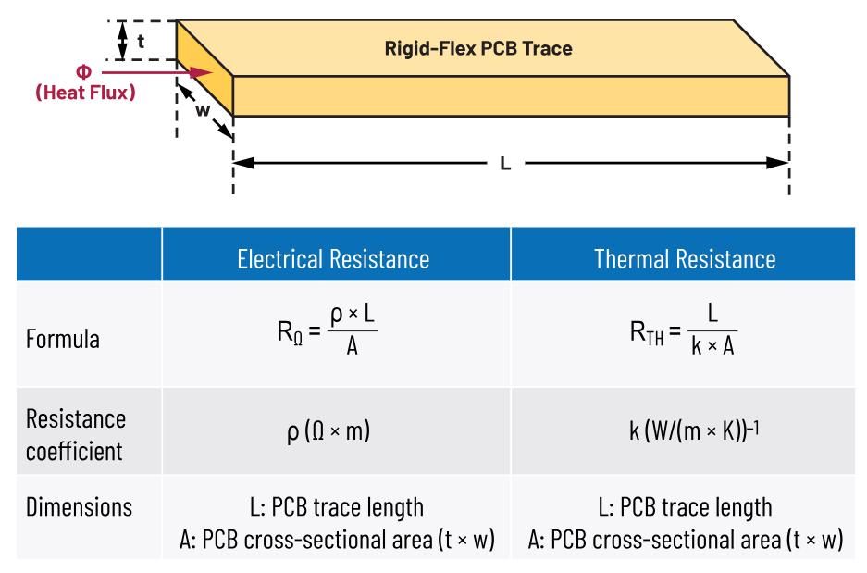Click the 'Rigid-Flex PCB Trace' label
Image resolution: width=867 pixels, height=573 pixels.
(x=478, y=48)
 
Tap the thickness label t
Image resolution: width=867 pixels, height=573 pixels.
(x=141, y=41)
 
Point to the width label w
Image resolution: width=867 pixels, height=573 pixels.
(x=203, y=110)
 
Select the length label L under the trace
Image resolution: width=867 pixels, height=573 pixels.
(x=505, y=163)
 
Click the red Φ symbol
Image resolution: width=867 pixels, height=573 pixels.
(x=83, y=72)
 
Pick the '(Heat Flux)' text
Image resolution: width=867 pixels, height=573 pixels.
(x=85, y=93)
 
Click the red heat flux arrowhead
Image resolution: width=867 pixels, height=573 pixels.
(x=202, y=72)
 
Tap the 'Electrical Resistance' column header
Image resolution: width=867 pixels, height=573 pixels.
(x=333, y=259)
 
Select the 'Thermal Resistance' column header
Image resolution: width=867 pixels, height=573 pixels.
(x=685, y=259)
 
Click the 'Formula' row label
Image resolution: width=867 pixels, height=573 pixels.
(x=63, y=339)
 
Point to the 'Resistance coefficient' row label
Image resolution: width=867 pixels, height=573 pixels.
(x=76, y=435)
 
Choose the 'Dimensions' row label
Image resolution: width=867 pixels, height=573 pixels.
(x=79, y=507)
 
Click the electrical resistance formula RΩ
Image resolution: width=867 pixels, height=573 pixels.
(x=328, y=330)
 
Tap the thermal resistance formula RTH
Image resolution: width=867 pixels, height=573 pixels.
(x=684, y=330)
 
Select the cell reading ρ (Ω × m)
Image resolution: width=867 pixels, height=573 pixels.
(x=328, y=431)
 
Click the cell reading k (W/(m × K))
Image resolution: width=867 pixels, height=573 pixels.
(x=694, y=430)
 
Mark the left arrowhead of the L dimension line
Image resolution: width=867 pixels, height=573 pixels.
(x=245, y=163)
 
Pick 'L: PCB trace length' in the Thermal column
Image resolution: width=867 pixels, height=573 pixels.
(x=685, y=507)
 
